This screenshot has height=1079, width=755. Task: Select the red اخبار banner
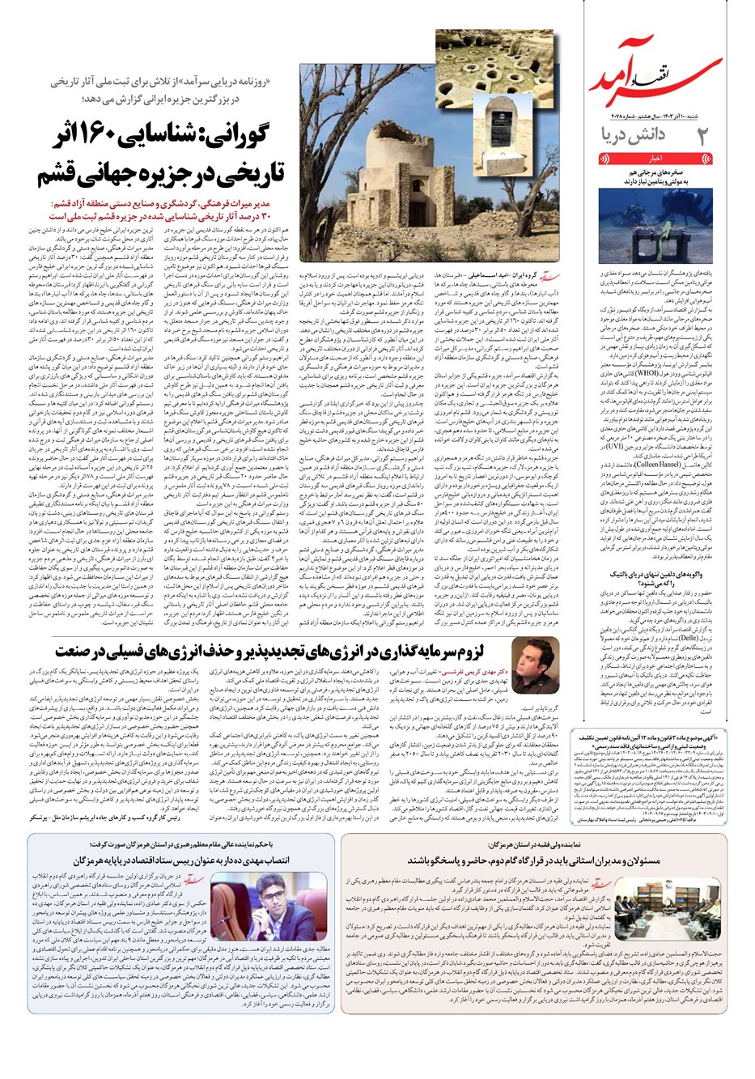click(x=655, y=156)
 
